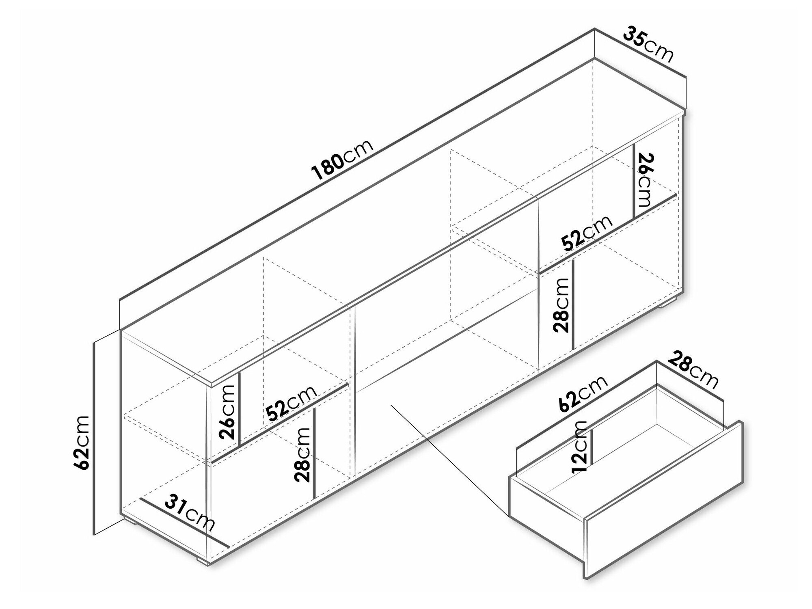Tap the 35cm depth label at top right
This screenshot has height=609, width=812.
[648, 45]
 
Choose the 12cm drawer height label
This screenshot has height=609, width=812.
[579, 447]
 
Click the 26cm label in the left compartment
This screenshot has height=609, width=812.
[227, 412]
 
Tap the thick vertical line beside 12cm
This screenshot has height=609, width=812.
[592, 446]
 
